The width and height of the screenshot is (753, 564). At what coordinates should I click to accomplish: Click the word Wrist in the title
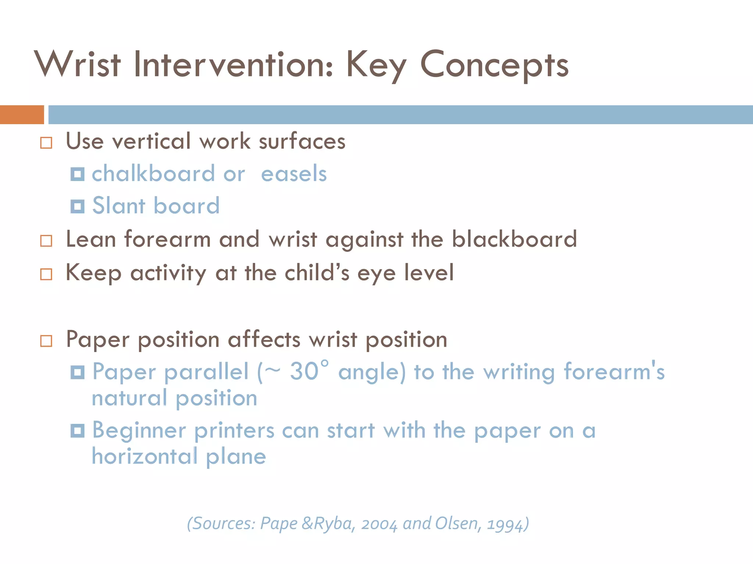point(78,64)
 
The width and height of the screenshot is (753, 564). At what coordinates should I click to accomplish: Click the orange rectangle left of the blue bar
point(22,115)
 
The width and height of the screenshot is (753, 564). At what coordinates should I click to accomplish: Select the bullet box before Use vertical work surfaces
point(46,143)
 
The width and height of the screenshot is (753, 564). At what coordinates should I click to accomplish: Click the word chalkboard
point(153,173)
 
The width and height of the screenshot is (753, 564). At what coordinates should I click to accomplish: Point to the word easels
point(294,174)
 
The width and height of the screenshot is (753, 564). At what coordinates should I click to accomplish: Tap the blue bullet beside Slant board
point(78,206)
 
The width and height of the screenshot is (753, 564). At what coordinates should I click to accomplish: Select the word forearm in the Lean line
point(167,239)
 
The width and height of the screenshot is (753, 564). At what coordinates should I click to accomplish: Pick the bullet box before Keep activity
point(46,274)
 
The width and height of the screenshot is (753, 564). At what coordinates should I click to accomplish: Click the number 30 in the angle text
point(304,371)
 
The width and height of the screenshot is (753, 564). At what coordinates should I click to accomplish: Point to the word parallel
point(207,372)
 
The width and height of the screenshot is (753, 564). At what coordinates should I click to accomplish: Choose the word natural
point(129,398)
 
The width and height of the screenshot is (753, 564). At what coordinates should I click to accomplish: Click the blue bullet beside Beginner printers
point(78,430)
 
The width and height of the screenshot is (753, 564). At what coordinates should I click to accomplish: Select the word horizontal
point(144,456)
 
